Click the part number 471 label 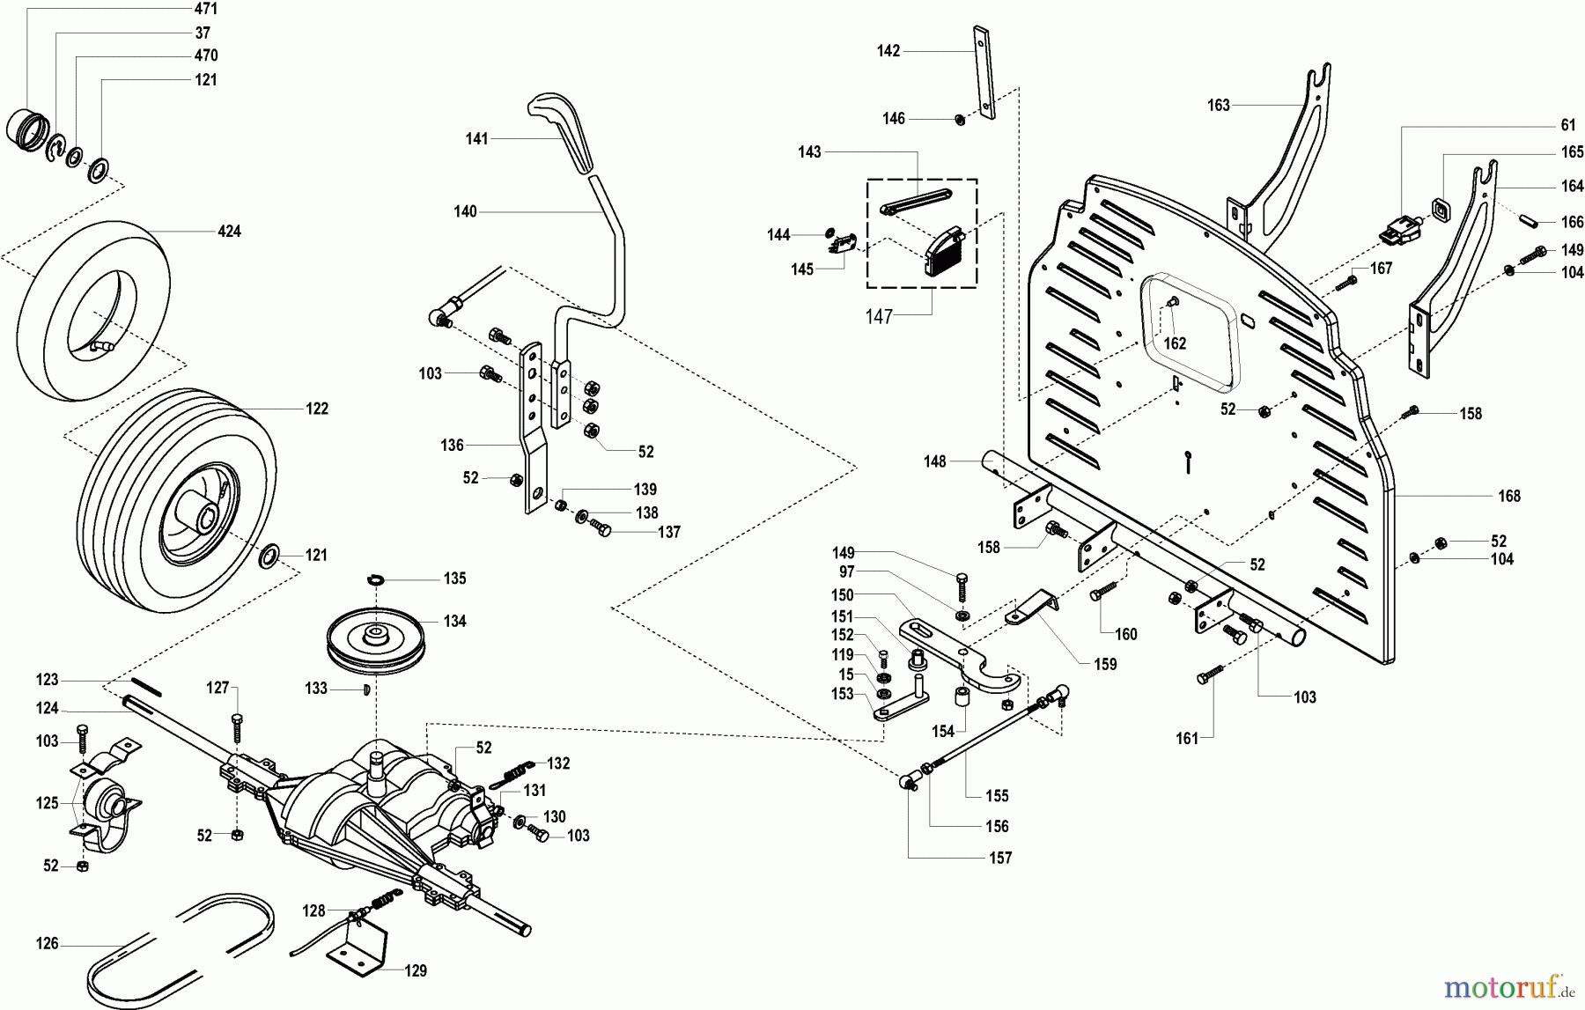tap(205, 9)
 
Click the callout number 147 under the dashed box tap(879, 317)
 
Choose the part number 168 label tap(1509, 496)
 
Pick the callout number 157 tap(1000, 858)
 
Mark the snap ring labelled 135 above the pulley tap(375, 579)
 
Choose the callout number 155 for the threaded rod tap(997, 796)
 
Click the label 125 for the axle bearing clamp tap(48, 803)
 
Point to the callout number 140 tap(465, 211)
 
